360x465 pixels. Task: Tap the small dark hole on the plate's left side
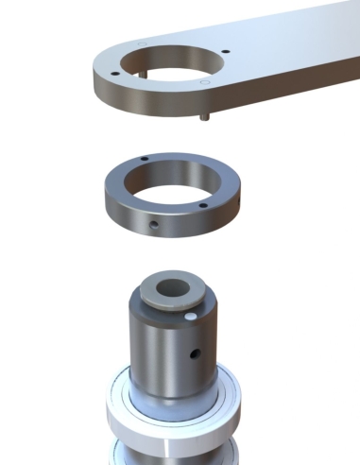click(114, 73)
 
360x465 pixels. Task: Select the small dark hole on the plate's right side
click(226, 53)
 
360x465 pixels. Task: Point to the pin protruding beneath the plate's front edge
click(205, 115)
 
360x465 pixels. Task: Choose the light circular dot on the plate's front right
click(205, 83)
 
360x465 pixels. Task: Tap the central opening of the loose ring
click(171, 185)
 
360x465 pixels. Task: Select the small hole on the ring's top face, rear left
click(143, 159)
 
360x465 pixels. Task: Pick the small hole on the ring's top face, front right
click(202, 204)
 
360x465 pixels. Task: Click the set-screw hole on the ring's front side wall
click(153, 224)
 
